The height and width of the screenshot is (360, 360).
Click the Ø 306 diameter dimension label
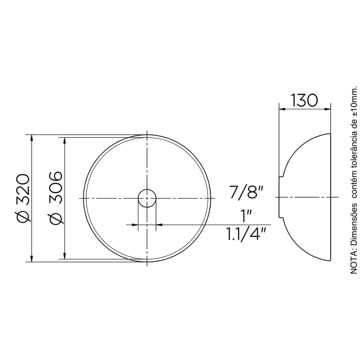[x=55, y=198]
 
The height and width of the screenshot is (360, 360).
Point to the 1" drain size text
[x=247, y=217]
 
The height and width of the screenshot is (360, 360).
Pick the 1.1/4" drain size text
[x=246, y=234]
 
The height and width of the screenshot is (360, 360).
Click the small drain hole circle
[x=147, y=198]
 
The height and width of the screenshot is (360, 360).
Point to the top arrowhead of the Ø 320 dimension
[x=32, y=138]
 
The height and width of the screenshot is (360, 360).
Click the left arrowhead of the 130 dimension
[x=282, y=109]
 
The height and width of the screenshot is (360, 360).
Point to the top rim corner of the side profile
[x=330, y=134]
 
